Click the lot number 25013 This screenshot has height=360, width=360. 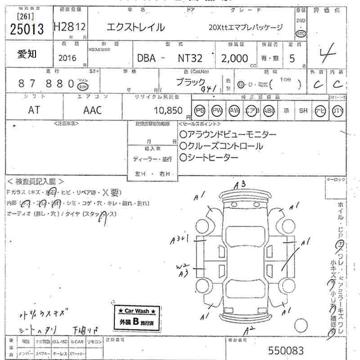click(x=27, y=29)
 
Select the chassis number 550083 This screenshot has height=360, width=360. click(x=286, y=351)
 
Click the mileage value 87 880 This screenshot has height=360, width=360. click(x=46, y=84)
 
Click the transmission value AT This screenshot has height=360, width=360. click(x=33, y=110)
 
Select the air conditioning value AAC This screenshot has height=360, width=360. click(x=93, y=110)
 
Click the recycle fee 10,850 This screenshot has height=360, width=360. click(x=167, y=110)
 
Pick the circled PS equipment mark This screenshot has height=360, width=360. click(x=200, y=111)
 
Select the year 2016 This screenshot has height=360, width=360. click(x=67, y=58)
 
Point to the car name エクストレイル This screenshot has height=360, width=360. click(x=135, y=27)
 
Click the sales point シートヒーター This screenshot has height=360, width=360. click(x=209, y=157)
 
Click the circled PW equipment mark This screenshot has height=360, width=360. click(x=217, y=111)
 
